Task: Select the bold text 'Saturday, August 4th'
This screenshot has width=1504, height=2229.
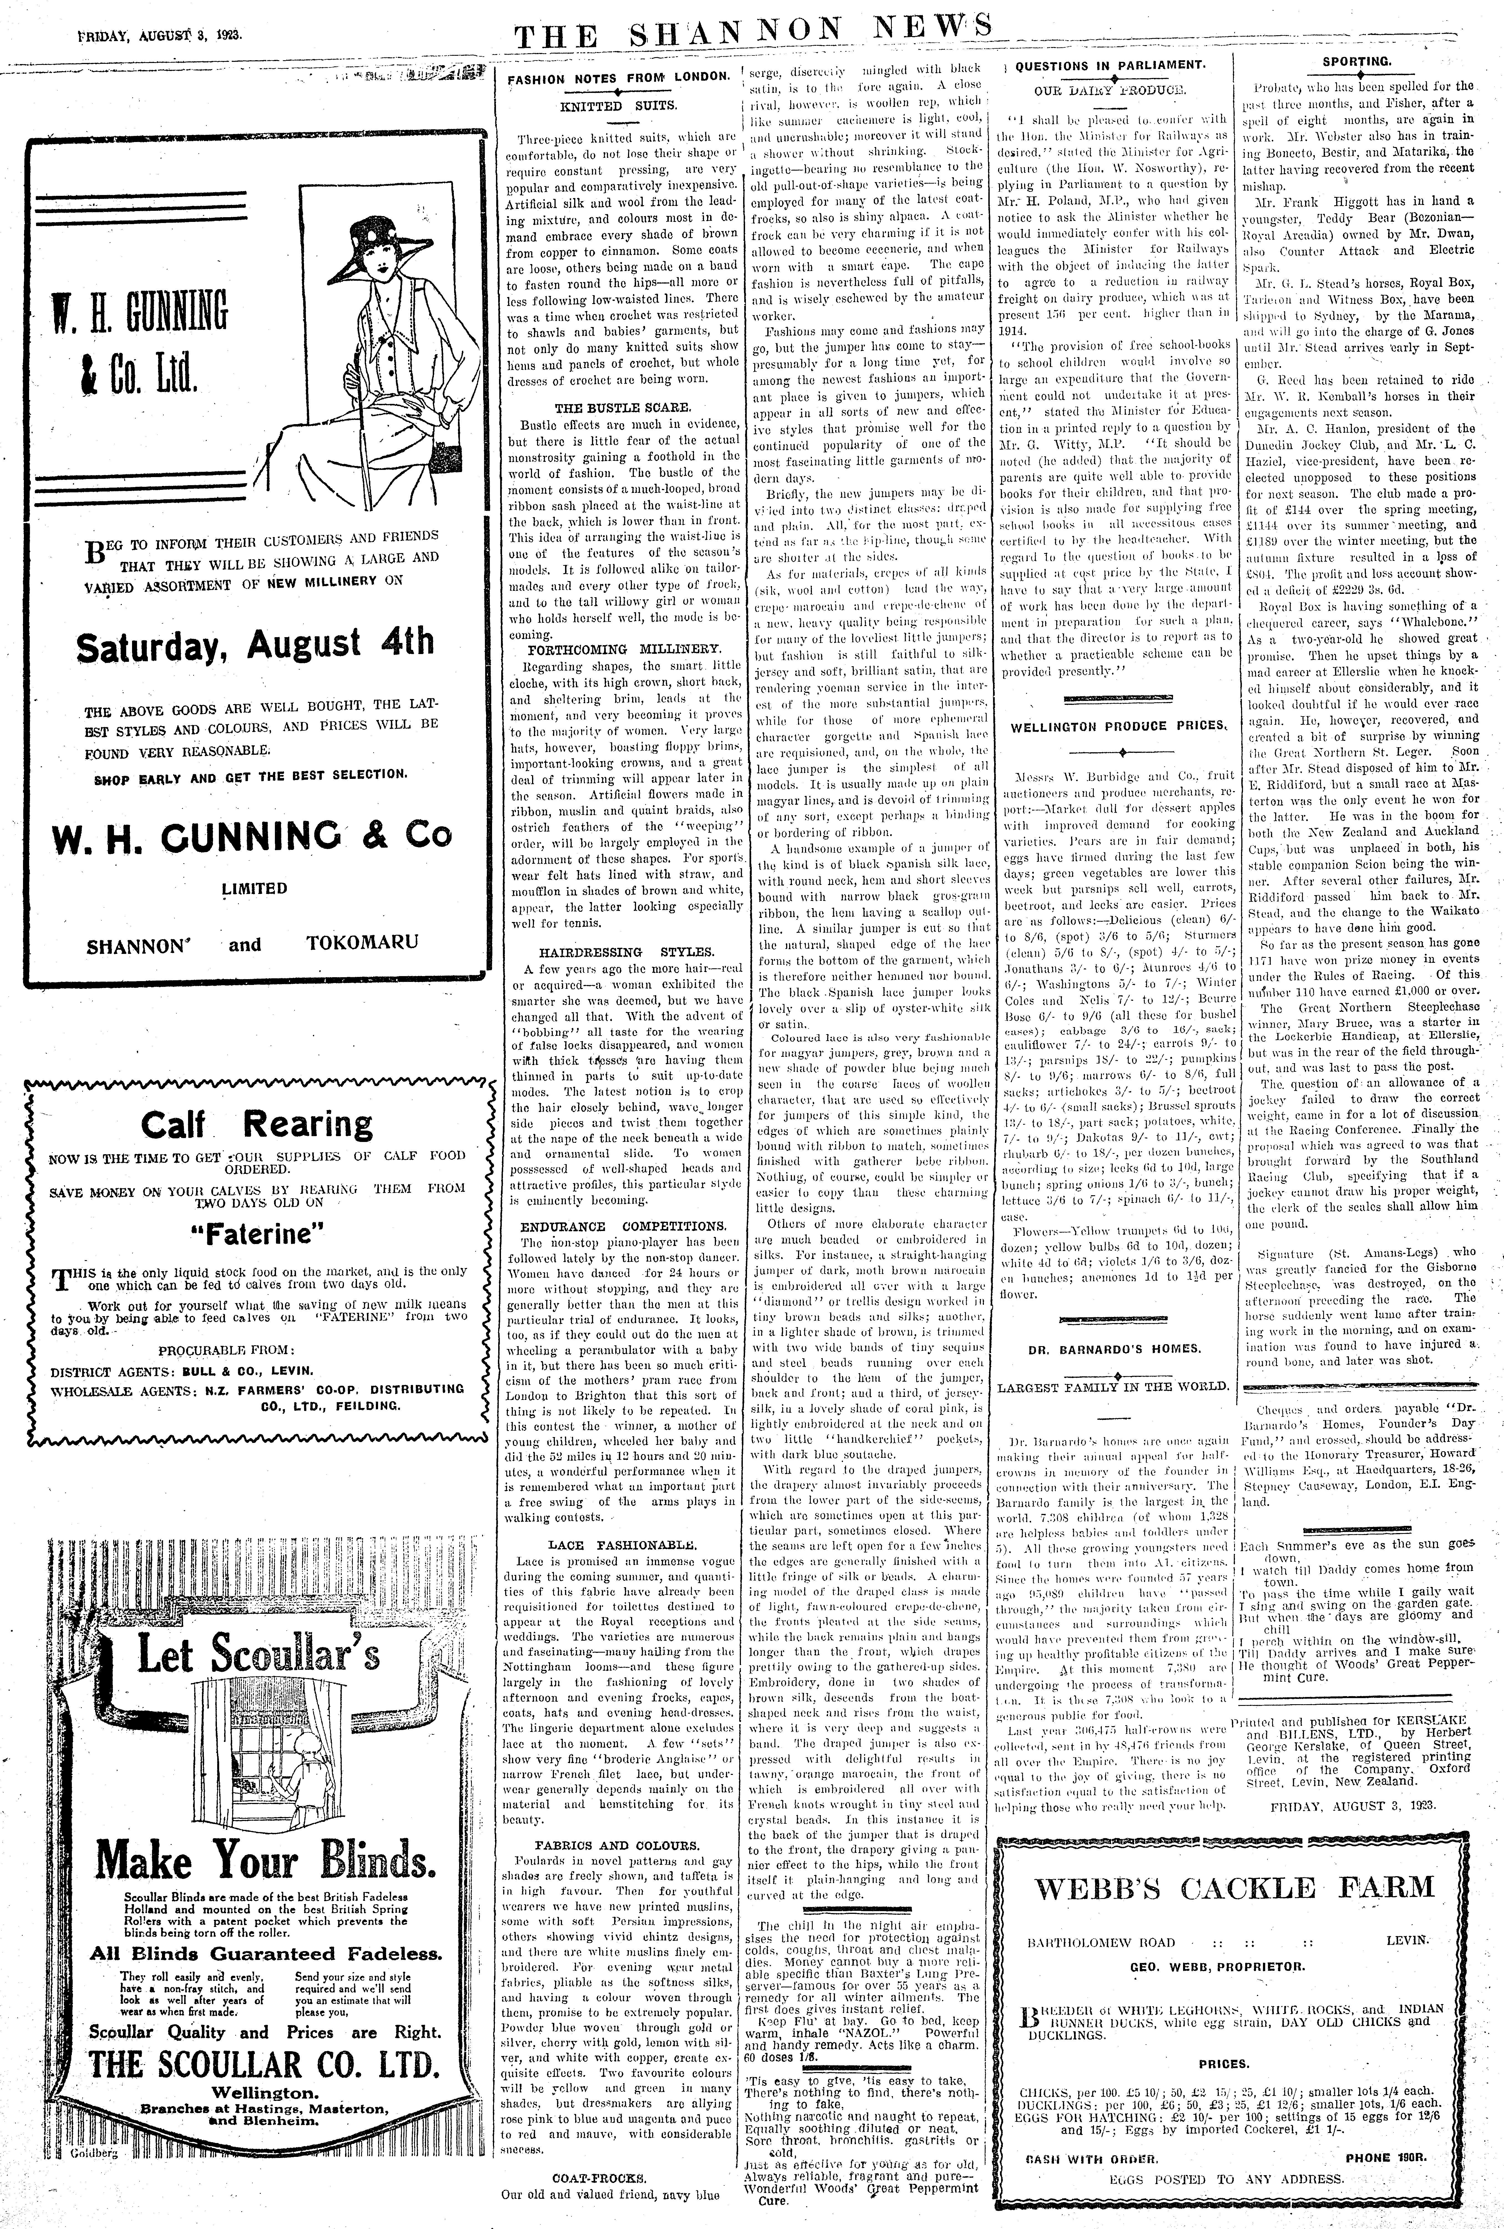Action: tap(255, 645)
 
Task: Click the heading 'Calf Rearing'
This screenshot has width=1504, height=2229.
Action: tap(257, 1123)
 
